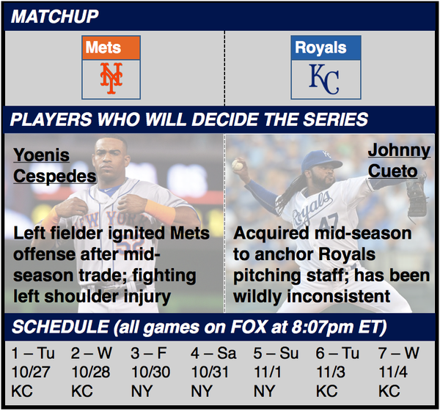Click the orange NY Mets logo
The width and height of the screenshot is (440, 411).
111,78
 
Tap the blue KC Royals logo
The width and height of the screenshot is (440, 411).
324,79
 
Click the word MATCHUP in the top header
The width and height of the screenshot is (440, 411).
55,16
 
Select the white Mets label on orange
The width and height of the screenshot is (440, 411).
103,48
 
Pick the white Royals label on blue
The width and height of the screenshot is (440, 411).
320,48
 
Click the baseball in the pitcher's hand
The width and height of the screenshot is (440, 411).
238,165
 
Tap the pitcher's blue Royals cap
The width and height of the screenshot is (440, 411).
322,160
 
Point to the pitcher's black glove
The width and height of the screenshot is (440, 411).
417,196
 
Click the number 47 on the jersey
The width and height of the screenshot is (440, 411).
329,223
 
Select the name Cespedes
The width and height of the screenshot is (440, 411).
55,177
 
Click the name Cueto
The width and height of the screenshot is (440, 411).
392,171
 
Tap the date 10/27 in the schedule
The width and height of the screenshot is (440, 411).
31,372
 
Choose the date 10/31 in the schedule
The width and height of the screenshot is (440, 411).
210,372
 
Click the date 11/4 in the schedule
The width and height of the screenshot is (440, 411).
392,372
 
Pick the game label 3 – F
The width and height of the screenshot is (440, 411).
149,353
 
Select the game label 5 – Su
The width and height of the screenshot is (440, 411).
276,353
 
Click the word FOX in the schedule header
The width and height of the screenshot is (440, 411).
249,327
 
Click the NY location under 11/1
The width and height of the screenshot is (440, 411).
264,391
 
